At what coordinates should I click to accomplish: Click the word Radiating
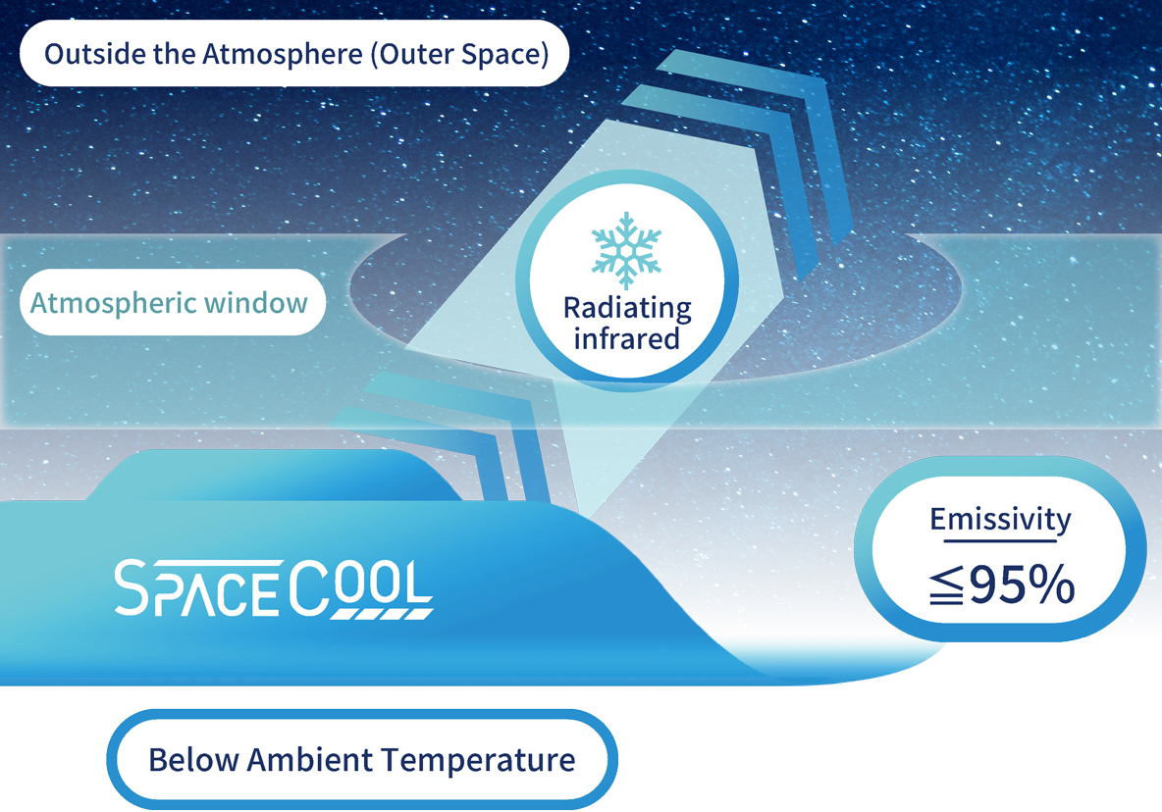pyautogui.click(x=627, y=308)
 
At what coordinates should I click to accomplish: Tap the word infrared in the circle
pyautogui.click(x=627, y=338)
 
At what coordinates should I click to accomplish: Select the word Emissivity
pyautogui.click(x=1000, y=520)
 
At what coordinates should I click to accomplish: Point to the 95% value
pyautogui.click(x=1022, y=586)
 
